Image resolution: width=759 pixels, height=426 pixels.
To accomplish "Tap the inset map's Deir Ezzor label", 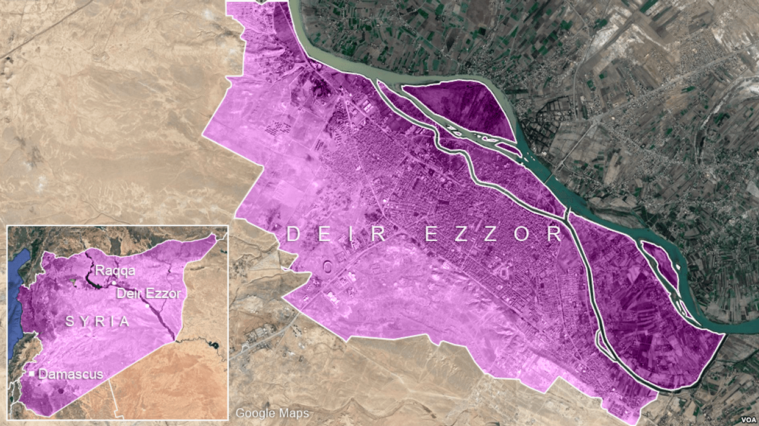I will click(149, 294).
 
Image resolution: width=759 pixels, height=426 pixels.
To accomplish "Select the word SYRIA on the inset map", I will click(98, 321).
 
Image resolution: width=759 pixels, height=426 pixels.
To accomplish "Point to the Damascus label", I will click(71, 374).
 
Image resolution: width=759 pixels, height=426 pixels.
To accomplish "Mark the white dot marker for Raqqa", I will click(114, 283).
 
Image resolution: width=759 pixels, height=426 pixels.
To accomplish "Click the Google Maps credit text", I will click(272, 413).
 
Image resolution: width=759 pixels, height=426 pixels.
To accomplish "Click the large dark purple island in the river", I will click(463, 106).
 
